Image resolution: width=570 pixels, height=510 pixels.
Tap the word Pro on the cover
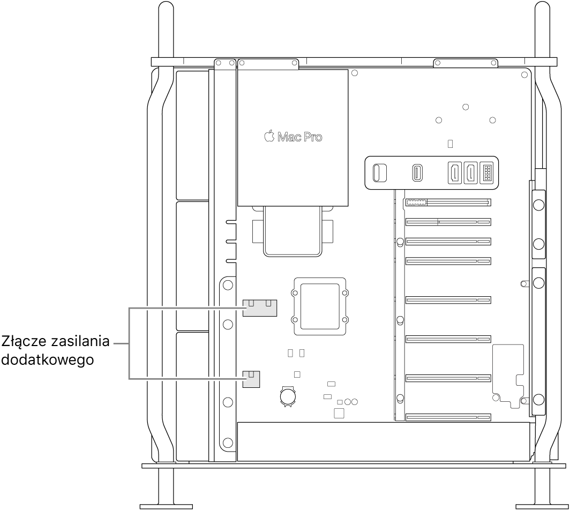click(x=313, y=137)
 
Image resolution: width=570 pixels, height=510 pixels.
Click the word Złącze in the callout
click(x=25, y=342)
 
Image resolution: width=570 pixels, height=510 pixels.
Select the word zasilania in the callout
click(x=81, y=341)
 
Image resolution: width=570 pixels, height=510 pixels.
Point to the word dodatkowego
click(x=48, y=360)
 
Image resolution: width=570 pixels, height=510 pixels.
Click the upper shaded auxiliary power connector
click(x=259, y=308)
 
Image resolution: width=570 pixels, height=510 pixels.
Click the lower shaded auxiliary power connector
click(x=251, y=379)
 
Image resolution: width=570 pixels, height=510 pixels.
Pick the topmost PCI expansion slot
click(x=448, y=202)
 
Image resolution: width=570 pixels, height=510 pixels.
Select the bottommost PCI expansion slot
click(x=448, y=417)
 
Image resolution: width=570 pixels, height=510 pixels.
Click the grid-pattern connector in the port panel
click(x=487, y=172)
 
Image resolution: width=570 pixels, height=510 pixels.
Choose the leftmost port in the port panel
click(x=380, y=172)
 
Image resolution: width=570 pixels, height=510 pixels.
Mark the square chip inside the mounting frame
click(x=320, y=306)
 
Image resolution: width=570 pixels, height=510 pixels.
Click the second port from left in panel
click(x=417, y=172)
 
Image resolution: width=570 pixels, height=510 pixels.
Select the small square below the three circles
click(x=339, y=414)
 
